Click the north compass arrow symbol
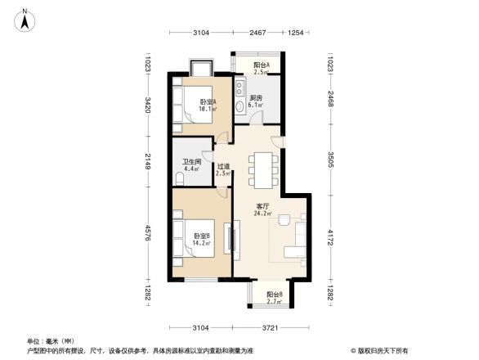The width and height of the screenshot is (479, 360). (x=25, y=17)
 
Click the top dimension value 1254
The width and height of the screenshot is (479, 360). (x=296, y=33)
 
